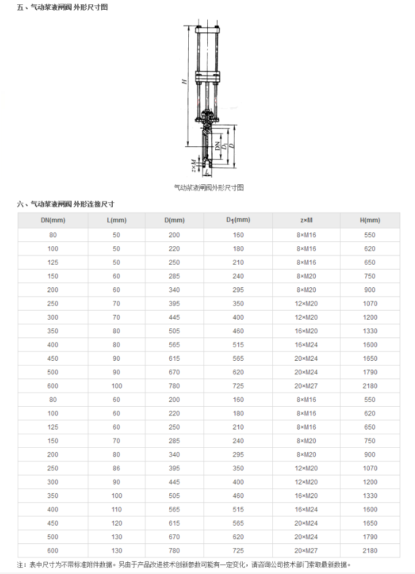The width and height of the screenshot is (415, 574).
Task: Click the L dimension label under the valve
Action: [207, 173]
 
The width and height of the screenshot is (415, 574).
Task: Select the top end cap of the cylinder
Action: [208, 29]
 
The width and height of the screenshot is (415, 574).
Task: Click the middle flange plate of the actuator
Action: [208, 77]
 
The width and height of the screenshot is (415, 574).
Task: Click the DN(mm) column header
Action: [53, 221]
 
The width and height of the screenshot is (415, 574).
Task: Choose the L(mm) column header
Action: [116, 221]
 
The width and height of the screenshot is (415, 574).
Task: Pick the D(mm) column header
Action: [174, 221]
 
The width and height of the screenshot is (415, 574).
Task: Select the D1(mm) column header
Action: [238, 221]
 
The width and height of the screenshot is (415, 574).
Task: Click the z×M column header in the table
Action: [306, 221]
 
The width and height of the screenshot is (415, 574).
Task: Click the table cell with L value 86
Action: [116, 468]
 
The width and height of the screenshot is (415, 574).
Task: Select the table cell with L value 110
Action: [116, 509]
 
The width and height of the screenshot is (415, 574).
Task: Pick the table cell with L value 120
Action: [116, 523]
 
